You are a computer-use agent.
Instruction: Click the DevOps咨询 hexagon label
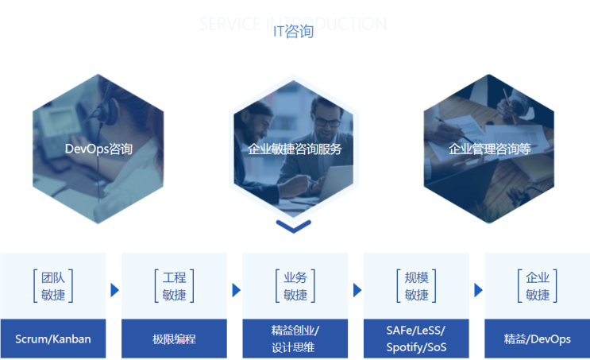(x=98, y=149)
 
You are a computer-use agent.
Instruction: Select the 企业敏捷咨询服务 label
(x=295, y=149)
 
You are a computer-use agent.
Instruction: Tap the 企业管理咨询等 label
(x=489, y=149)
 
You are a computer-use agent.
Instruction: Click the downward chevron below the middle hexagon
(x=294, y=226)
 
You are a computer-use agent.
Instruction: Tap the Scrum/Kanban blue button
(x=53, y=339)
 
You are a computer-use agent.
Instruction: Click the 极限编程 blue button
(x=174, y=339)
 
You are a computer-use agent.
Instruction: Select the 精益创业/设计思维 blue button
(x=295, y=339)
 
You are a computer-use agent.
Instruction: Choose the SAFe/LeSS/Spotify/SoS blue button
(x=416, y=339)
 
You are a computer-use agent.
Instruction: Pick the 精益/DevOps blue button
(x=537, y=339)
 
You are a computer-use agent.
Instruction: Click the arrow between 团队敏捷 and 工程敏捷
(x=114, y=290)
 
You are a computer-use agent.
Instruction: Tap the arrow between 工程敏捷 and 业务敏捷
(x=236, y=290)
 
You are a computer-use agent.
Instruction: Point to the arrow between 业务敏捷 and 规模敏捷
(x=357, y=290)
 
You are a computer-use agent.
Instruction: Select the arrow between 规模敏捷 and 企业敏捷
(x=477, y=290)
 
